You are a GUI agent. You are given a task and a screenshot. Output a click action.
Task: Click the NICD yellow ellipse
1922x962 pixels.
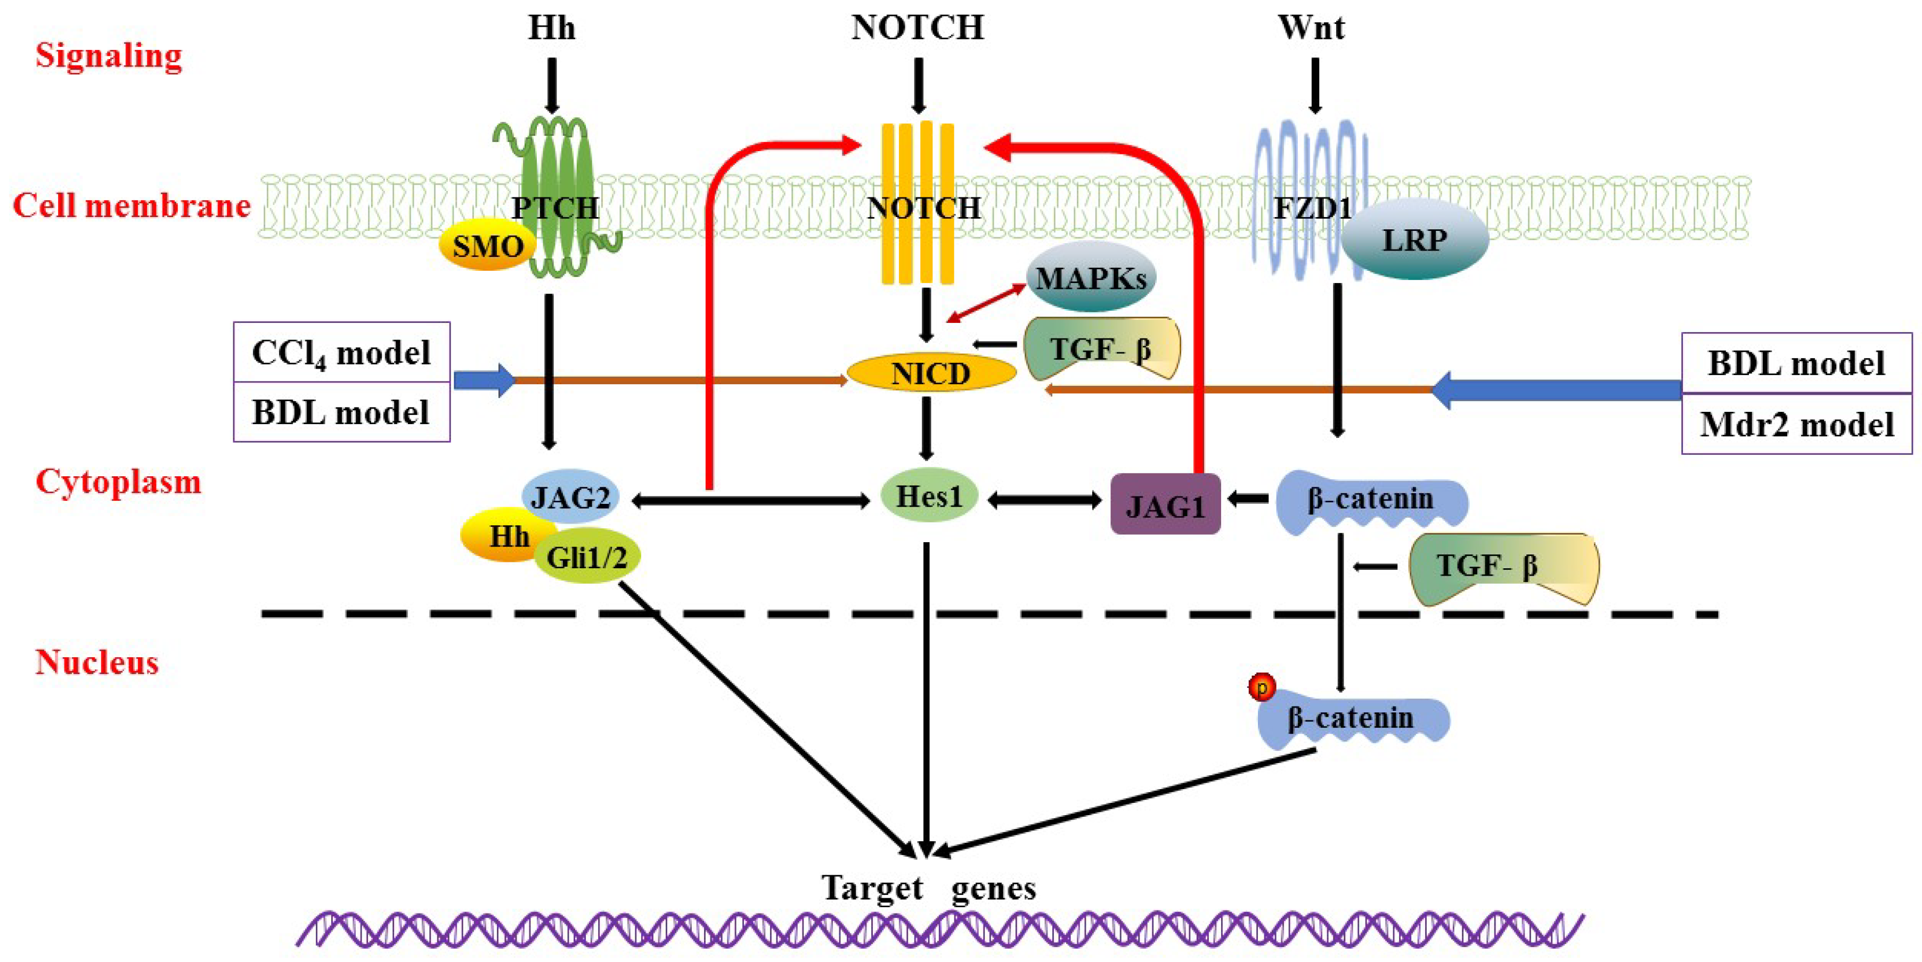(931, 373)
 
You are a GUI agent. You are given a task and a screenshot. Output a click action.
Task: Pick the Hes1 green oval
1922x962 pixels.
(929, 496)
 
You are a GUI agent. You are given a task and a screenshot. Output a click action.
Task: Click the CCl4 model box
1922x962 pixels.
(342, 353)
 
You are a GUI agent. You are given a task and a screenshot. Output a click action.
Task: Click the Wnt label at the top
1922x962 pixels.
(1311, 28)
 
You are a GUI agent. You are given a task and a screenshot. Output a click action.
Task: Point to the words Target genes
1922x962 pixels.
(929, 888)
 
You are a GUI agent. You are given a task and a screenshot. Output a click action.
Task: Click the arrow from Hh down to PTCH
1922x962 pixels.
(552, 86)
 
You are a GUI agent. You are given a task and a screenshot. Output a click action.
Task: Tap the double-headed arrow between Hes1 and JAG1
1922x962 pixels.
(1044, 500)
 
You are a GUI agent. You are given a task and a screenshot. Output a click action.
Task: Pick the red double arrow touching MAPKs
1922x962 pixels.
(986, 303)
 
